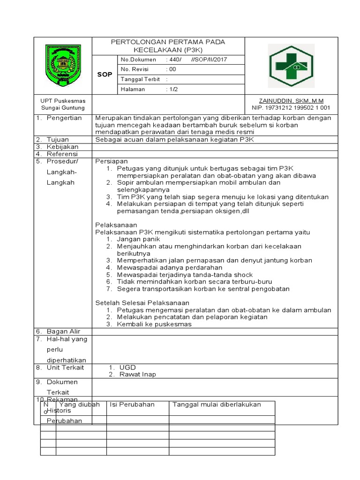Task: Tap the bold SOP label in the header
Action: coord(105,75)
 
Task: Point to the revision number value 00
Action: coord(172,69)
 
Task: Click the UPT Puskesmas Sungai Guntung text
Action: coord(62,104)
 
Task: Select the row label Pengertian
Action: coord(64,118)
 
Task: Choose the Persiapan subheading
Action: coord(112,161)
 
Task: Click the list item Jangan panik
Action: coord(138,240)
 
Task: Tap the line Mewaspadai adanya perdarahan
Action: coord(170,268)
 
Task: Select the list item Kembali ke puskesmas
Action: coord(154,324)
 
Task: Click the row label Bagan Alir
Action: coord(63,331)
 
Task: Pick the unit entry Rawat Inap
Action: coord(138,375)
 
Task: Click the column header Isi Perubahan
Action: coord(132,405)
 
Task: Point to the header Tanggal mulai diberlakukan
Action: coord(217,405)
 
